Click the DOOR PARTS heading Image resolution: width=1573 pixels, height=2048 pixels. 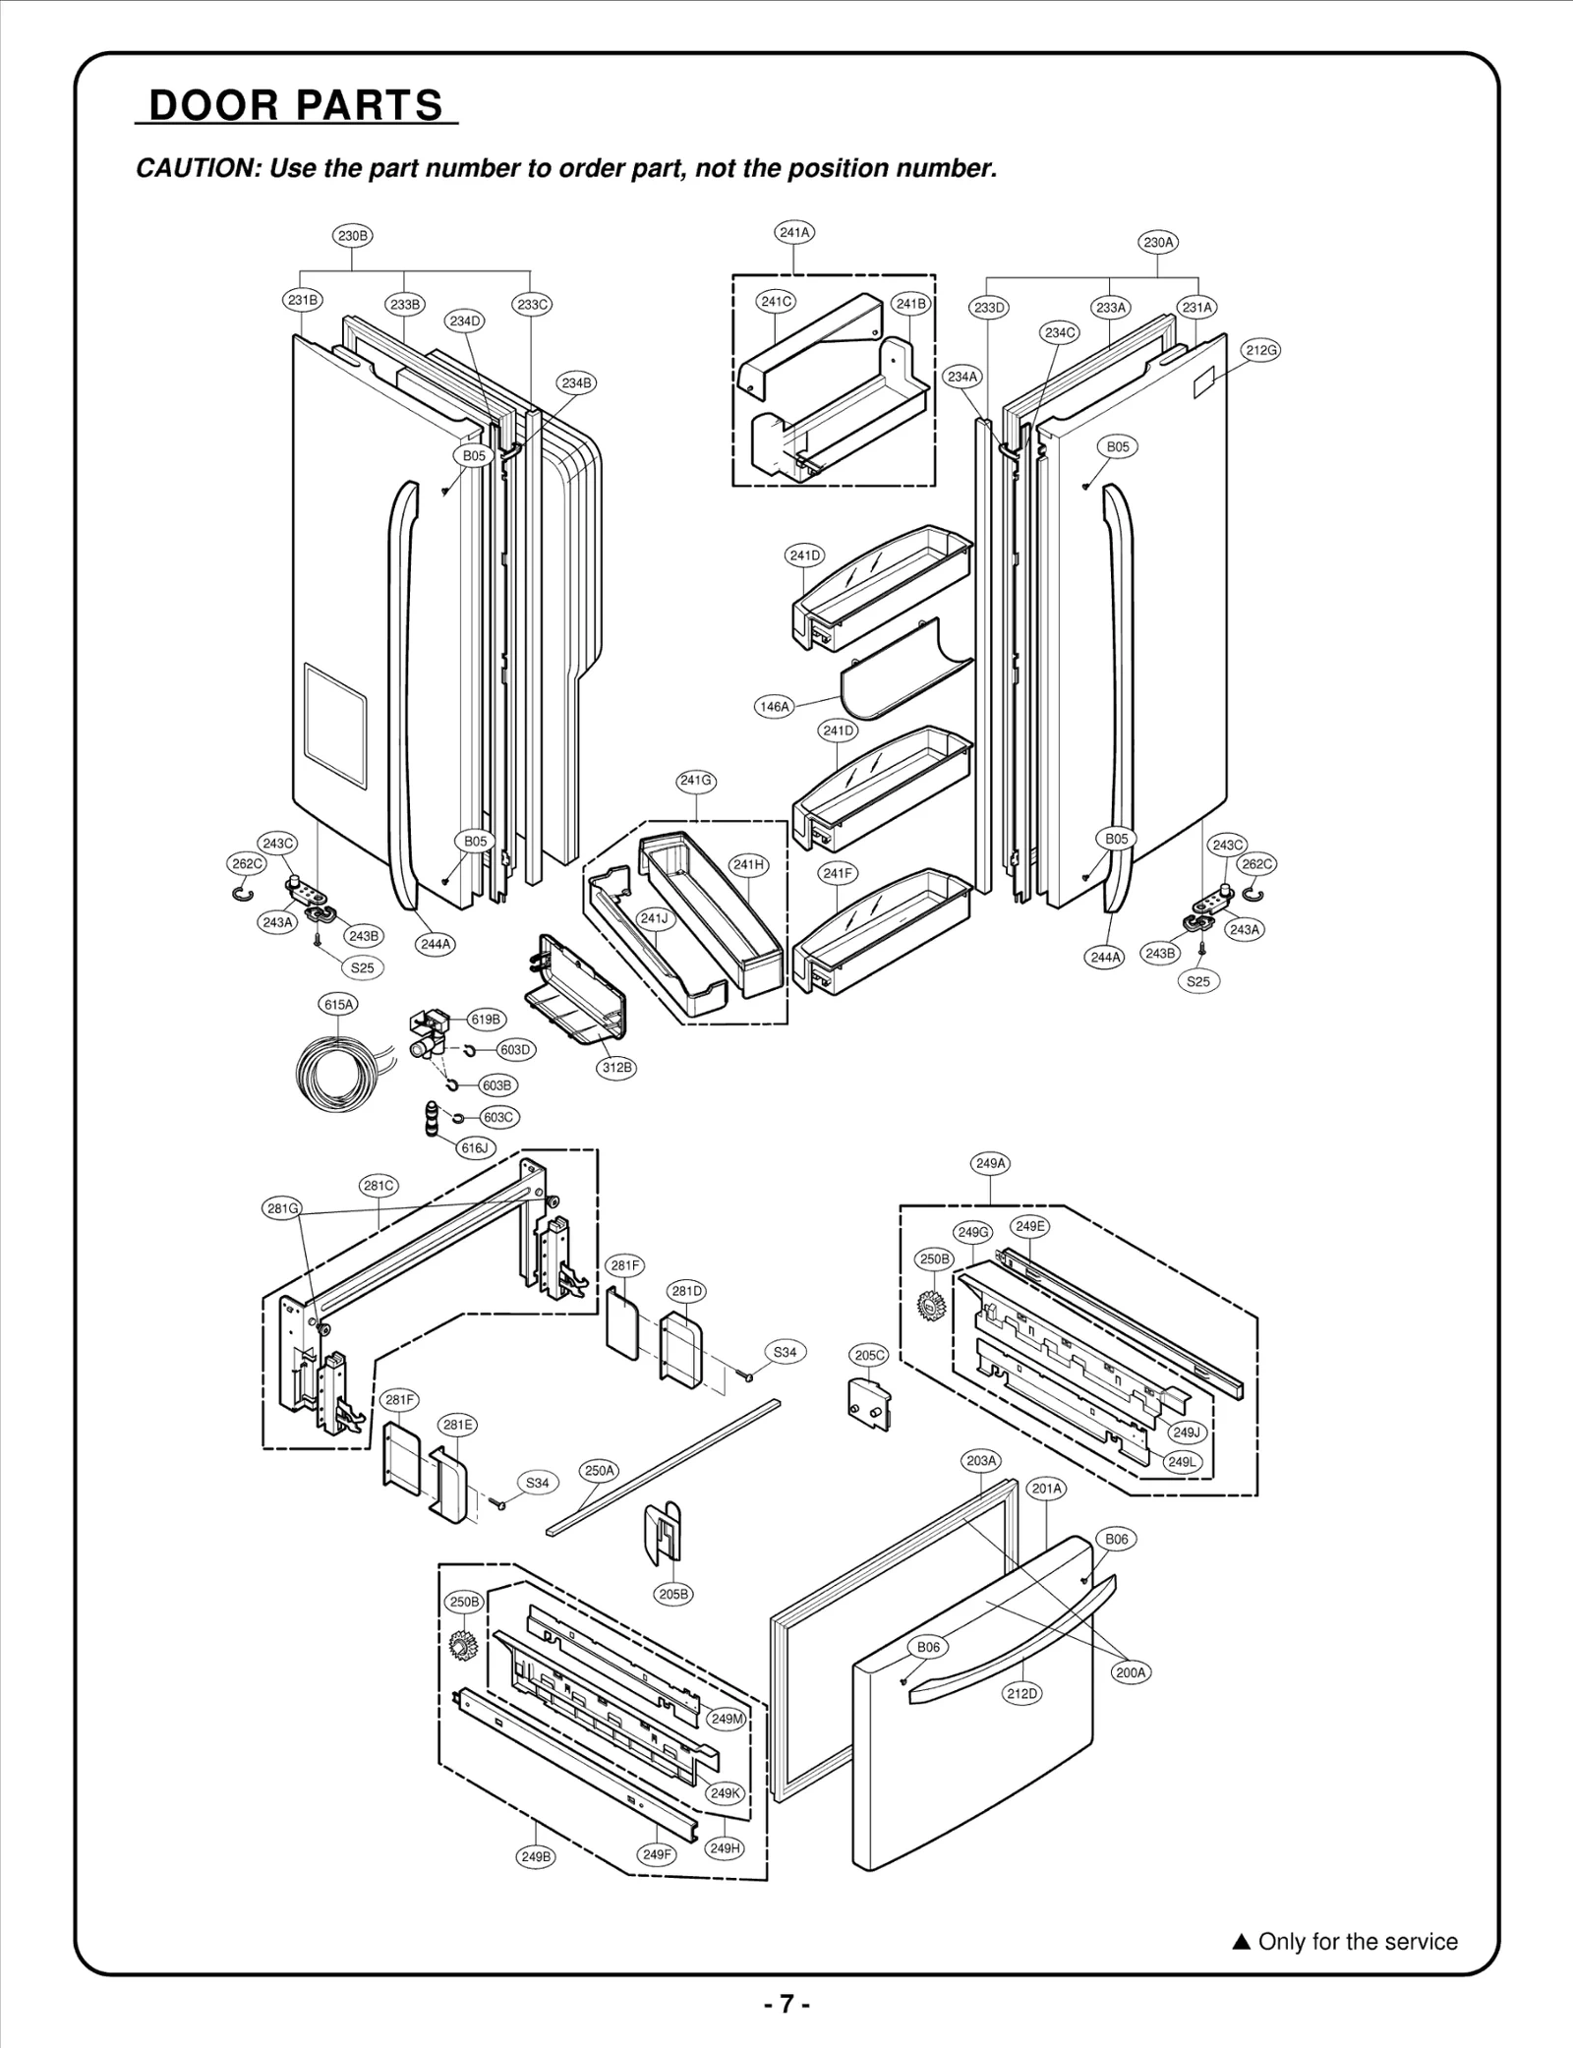296,105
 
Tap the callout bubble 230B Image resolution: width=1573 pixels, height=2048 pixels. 352,236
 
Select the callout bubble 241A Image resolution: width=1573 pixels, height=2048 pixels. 794,233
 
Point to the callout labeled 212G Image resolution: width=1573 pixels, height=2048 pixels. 1261,350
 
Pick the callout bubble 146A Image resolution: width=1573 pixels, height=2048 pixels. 775,706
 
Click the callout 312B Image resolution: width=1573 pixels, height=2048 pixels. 617,1068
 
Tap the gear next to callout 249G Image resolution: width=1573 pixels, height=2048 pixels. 930,1305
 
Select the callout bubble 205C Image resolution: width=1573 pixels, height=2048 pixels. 869,1355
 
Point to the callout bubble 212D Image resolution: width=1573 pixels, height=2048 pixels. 1022,1693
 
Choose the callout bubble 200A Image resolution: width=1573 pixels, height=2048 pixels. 1132,1672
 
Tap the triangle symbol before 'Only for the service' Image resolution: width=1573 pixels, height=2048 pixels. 1241,1942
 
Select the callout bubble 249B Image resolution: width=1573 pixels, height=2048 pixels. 536,1857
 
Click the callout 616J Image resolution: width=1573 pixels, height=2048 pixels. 475,1148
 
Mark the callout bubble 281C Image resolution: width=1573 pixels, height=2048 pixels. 379,1186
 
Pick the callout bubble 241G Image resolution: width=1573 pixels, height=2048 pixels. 696,781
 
